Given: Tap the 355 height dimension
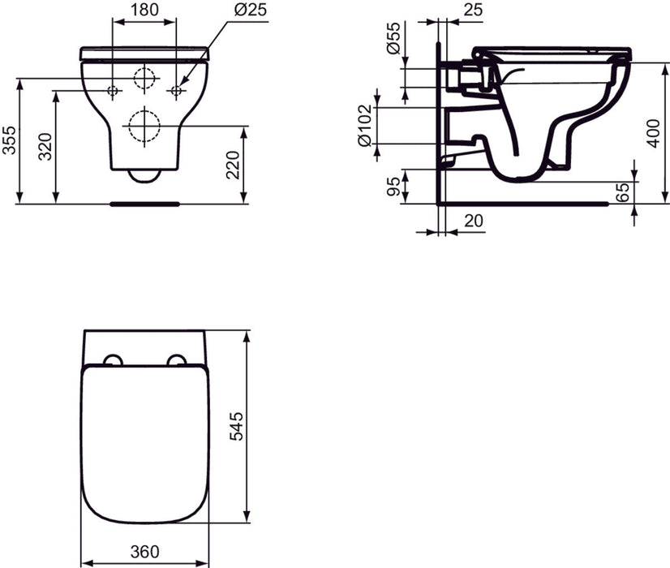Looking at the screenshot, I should pyautogui.click(x=11, y=140).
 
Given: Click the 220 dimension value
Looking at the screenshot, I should pyautogui.click(x=234, y=165).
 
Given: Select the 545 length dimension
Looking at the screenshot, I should pyautogui.click(x=234, y=426).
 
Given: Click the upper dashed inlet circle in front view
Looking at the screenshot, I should pyautogui.click(x=144, y=80).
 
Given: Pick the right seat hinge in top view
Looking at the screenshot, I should pyautogui.click(x=177, y=359).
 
